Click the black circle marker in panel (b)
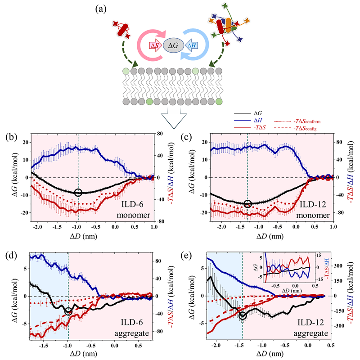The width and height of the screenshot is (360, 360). tap(78, 193)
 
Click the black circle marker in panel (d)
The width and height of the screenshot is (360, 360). tap(68, 311)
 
